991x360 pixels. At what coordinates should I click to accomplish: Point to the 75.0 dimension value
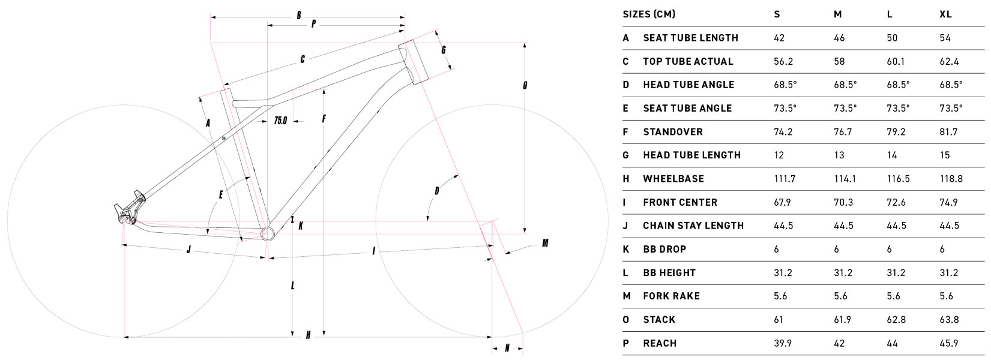280,120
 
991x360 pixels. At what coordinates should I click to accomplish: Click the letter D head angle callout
436,191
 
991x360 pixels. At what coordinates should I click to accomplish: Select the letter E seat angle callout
221,194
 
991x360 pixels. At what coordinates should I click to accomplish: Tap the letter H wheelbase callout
308,335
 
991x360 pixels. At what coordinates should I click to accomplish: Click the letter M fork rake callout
545,243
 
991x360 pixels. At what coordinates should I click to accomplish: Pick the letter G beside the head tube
444,50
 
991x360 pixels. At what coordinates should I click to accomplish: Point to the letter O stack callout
525,85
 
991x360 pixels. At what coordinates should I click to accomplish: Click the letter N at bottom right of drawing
507,348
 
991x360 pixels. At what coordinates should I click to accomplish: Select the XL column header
945,14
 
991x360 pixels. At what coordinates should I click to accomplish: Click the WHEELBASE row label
673,179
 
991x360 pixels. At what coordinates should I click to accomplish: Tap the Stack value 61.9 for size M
842,319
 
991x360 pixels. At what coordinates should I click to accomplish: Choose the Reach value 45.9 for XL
948,343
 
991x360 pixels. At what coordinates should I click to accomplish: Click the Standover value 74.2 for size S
783,132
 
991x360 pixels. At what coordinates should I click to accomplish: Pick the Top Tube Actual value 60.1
896,61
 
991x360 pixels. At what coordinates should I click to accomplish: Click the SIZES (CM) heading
649,14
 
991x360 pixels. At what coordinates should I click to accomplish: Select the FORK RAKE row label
672,296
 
